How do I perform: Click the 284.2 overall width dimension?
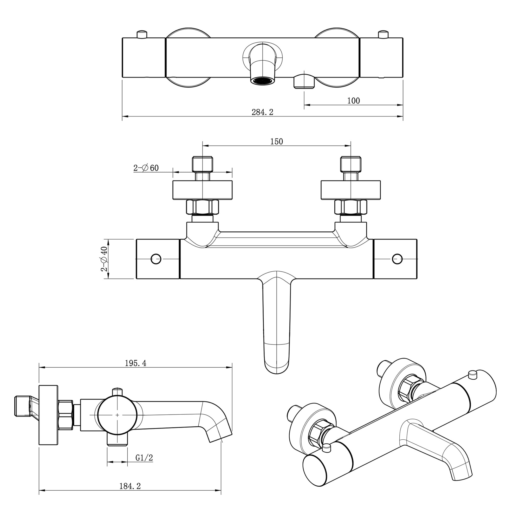click(262, 112)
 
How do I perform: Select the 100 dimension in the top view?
click(353, 101)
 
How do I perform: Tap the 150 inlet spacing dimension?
click(276, 142)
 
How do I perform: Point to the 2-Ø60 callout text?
click(146, 168)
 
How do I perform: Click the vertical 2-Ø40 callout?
click(104, 259)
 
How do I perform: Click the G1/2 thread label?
click(144, 458)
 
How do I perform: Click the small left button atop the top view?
click(142, 35)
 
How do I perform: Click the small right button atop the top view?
click(383, 35)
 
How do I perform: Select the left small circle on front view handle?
click(156, 259)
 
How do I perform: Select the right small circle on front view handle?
click(397, 259)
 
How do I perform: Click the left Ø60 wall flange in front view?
click(202, 190)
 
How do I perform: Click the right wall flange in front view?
click(351, 190)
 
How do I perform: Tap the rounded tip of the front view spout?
click(277, 370)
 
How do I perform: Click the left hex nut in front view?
click(202, 207)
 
